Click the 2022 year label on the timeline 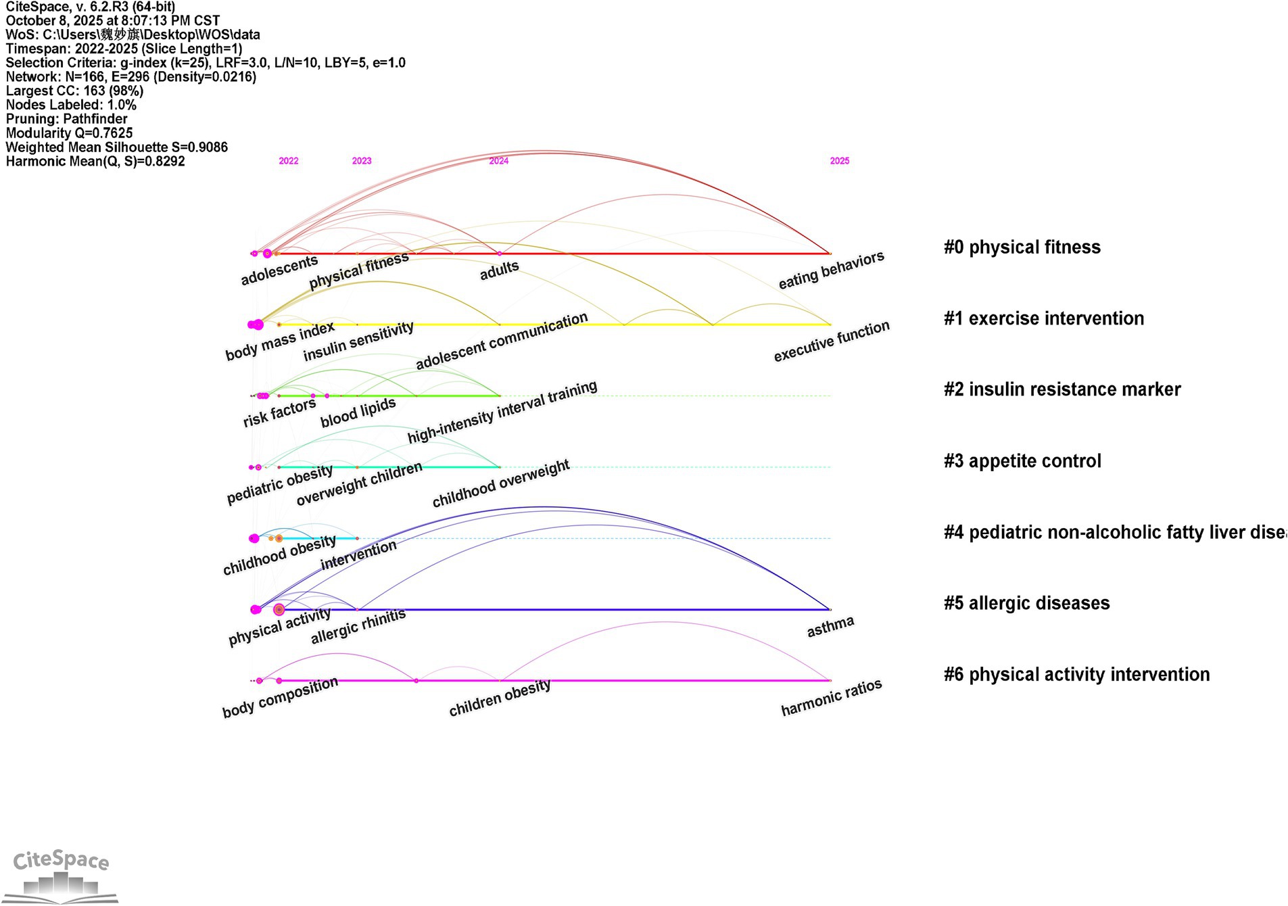pos(288,161)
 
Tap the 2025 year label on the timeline pos(839,161)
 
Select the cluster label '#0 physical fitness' pos(1022,247)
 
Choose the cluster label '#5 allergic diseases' pos(1026,603)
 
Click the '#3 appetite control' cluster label pos(1022,461)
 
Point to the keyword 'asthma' pos(830,627)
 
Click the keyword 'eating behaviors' pos(831,270)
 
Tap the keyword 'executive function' pos(832,341)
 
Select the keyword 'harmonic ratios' pos(831,698)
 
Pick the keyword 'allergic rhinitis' pos(358,626)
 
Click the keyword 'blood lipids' pos(358,412)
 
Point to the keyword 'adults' pos(499,270)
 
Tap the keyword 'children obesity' pos(500,698)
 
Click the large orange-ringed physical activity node pos(279,610)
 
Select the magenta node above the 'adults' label pos(500,254)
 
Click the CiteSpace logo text pos(61,860)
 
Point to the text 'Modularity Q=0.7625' pos(69,133)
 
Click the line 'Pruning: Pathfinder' pos(66,119)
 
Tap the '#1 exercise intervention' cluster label pos(1043,318)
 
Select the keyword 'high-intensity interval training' pos(502,412)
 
